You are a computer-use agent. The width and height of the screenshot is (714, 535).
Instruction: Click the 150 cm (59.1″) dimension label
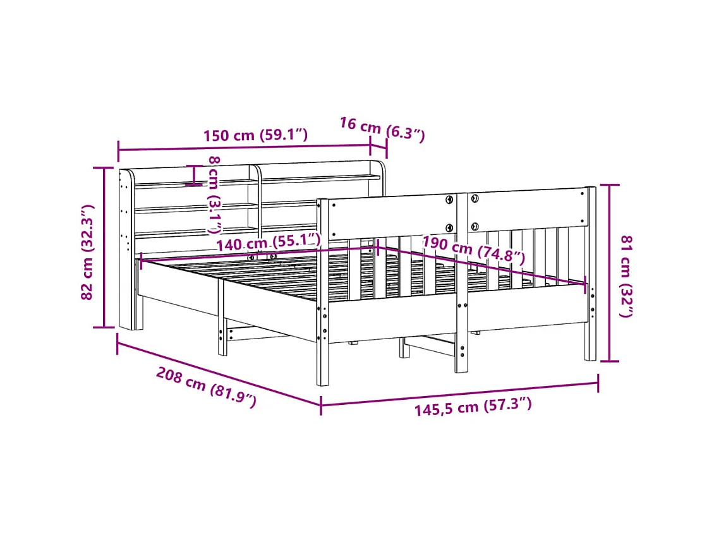coord(255,135)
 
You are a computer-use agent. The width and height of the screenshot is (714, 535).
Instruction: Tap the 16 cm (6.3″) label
coord(382,128)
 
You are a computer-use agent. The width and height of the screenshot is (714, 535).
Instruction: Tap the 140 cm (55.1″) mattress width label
coord(268,242)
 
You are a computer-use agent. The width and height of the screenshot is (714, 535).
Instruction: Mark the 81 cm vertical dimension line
coord(609,273)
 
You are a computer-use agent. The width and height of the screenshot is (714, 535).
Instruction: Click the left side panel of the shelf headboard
coord(126,249)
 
